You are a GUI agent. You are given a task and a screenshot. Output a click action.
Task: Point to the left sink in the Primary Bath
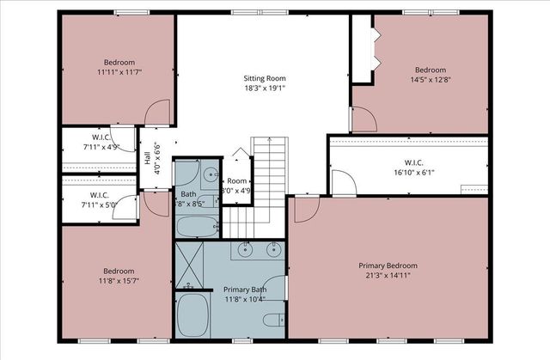pyautogui.click(x=246, y=251)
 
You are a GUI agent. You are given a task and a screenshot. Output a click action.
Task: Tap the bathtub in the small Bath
pyautogui.click(x=199, y=227)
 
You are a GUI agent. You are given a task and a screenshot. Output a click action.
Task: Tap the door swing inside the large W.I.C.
pyautogui.click(x=341, y=182)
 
